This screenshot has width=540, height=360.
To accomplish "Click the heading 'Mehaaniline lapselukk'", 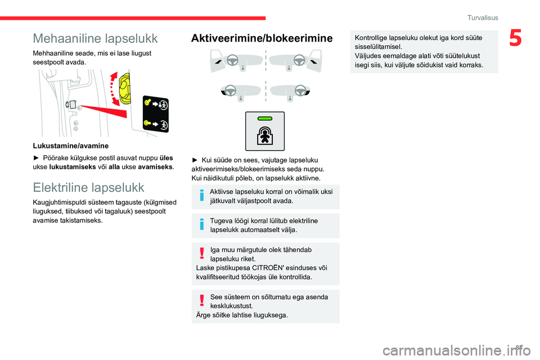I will [95, 38].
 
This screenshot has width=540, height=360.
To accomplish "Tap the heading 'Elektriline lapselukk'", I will [88, 187].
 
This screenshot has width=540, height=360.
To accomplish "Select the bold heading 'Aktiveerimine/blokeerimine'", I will [262, 38].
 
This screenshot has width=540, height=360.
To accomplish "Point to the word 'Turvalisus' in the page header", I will [483, 18].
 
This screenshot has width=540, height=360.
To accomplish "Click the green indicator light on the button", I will [265, 119].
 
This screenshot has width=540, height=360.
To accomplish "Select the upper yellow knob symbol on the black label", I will [148, 103].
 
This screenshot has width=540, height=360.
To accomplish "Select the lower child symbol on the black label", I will [164, 124].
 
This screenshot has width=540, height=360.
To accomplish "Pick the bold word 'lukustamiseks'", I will [71, 166].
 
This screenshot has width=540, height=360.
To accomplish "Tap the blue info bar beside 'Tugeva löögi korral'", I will [201, 226].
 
